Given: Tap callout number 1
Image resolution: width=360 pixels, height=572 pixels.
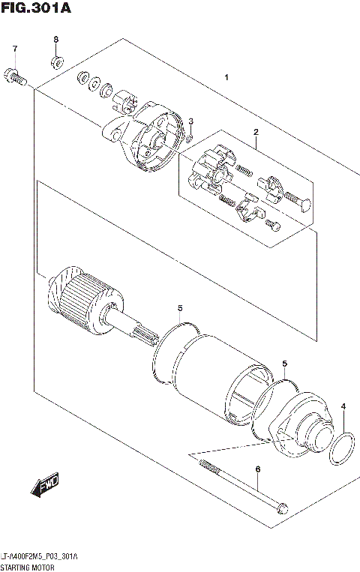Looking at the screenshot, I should (x=226, y=78).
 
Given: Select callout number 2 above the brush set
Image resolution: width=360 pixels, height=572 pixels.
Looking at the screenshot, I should (x=256, y=133).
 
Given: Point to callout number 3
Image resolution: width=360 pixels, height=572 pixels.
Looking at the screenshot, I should (x=190, y=121).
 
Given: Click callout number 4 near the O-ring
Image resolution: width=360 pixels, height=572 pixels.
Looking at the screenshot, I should (x=343, y=407).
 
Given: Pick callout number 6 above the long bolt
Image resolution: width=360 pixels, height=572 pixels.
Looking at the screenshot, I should (x=257, y=469).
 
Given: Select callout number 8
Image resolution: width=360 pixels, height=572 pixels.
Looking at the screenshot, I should (x=55, y=39).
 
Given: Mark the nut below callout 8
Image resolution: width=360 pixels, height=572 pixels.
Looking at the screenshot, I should (x=55, y=60).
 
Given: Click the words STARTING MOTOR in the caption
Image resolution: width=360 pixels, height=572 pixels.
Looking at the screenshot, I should (x=28, y=566).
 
